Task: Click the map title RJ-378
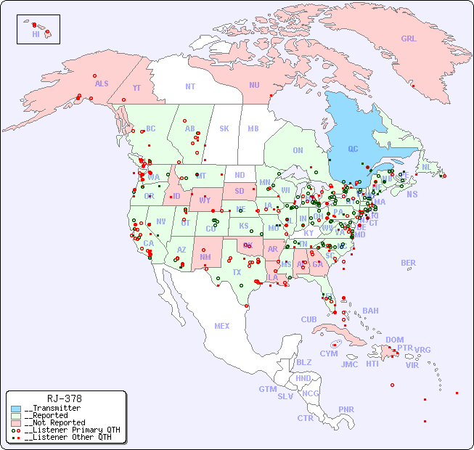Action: (64, 398)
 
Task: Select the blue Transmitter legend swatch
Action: (16, 409)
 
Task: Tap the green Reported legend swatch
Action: (16, 416)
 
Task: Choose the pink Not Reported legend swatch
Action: (16, 423)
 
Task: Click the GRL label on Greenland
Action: (409, 38)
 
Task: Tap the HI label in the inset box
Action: (36, 33)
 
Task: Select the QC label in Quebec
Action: (353, 150)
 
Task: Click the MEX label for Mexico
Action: (222, 326)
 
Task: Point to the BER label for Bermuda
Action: (409, 263)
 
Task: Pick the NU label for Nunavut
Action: (254, 85)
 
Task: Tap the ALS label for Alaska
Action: (102, 83)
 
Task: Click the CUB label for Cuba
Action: (308, 319)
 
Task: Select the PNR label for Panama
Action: (346, 409)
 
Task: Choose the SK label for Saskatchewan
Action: (224, 128)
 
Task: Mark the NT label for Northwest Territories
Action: (190, 86)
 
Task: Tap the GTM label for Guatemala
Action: (268, 389)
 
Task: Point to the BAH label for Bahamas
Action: (370, 311)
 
